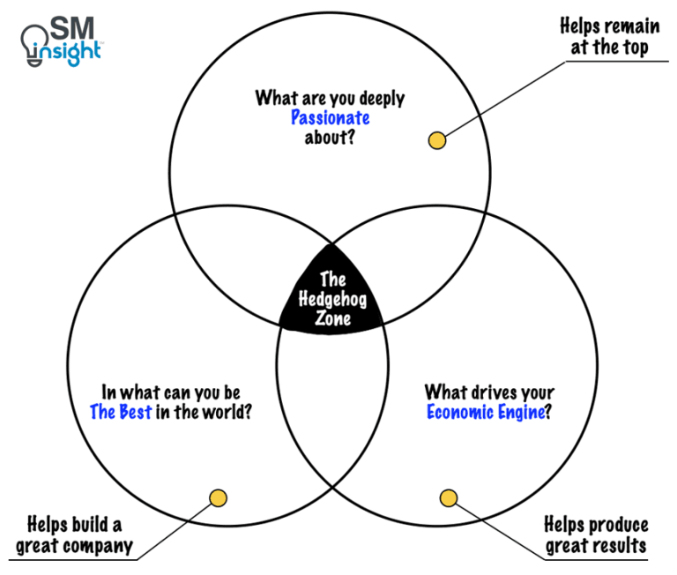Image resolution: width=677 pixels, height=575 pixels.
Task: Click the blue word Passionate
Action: pos(331,118)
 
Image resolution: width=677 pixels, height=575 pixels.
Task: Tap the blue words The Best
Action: pos(122,412)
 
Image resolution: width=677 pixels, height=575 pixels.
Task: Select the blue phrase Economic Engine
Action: pos(485,412)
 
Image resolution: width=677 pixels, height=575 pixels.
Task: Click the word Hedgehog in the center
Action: pos(331,300)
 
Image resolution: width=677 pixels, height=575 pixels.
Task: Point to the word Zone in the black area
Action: pos(331,318)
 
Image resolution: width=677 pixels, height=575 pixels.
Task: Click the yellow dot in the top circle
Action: pos(435,140)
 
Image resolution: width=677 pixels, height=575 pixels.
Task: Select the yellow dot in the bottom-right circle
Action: pos(449,499)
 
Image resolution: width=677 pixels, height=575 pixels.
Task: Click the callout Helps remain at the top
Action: pos(608,37)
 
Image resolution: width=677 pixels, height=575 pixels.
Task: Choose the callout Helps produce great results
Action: pos(596,535)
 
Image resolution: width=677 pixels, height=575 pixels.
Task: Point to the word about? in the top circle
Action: pos(331,138)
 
